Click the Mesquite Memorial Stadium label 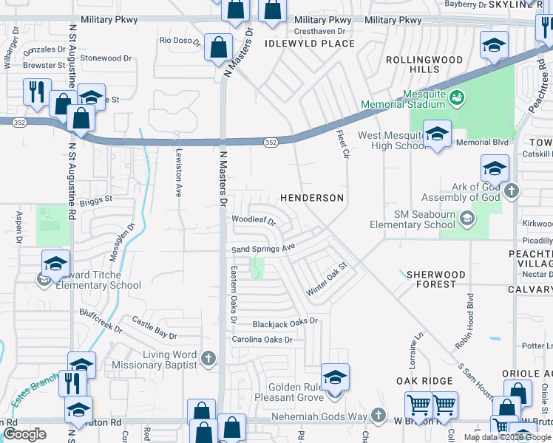point(402,99)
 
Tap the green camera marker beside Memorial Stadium point(457,96)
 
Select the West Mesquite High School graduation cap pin point(437,134)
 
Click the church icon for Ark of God point(510,192)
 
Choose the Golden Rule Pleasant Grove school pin point(335,378)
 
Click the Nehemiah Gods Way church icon point(379,416)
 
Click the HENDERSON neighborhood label point(311,199)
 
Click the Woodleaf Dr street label point(253,220)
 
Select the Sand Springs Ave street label point(263,250)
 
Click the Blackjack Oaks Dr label point(285,322)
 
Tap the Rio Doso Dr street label point(180,41)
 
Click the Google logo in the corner point(24,434)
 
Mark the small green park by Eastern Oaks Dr point(257,269)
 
